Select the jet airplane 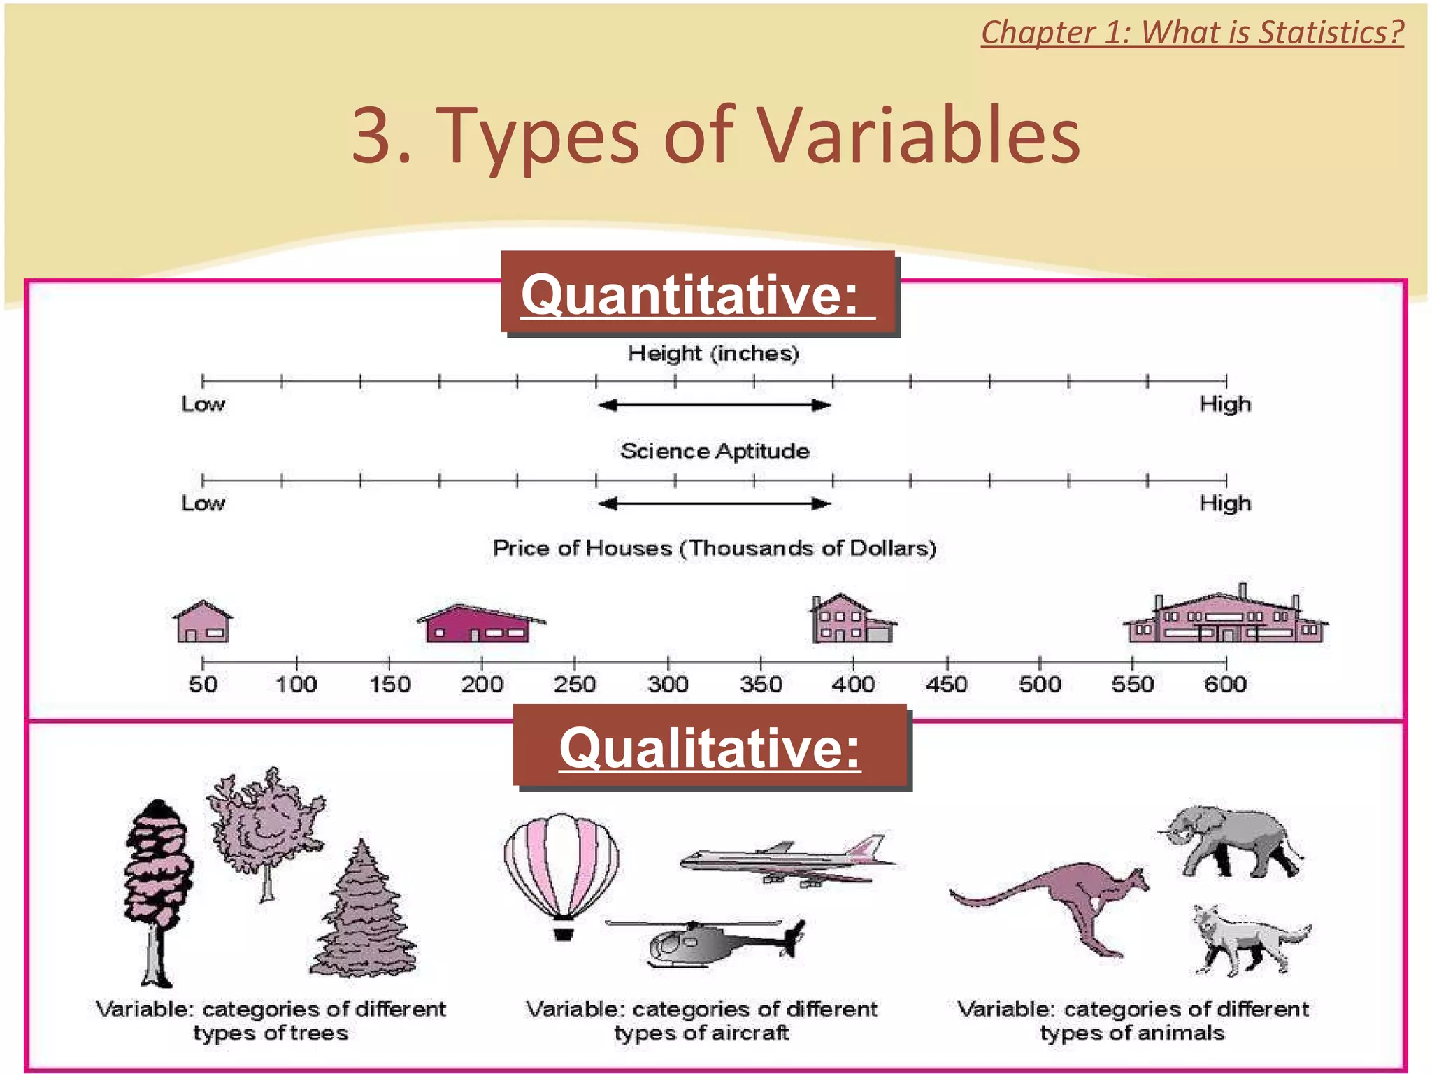tap(787, 861)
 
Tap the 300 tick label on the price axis tap(668, 684)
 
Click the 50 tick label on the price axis tap(203, 684)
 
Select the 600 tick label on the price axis tap(1225, 684)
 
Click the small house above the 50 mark tap(203, 622)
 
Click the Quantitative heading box tap(699, 294)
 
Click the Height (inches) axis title tap(713, 353)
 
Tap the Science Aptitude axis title tap(715, 451)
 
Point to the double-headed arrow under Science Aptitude tap(715, 503)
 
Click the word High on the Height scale tap(1225, 404)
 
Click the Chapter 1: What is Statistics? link tap(1192, 32)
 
